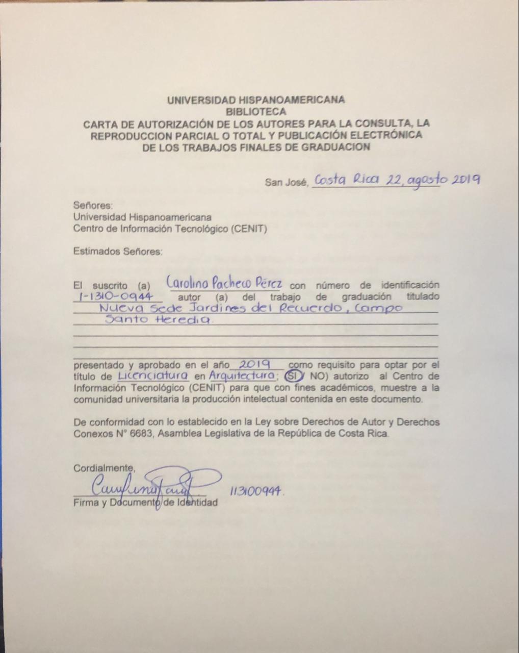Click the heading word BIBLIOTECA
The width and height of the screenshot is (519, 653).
click(256, 112)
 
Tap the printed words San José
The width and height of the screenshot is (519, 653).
click(286, 182)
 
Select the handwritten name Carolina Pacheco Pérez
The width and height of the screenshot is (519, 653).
click(224, 282)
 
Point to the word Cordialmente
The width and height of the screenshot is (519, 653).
click(105, 468)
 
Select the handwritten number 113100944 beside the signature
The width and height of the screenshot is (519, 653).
click(256, 492)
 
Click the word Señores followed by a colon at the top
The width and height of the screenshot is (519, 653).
click(93, 206)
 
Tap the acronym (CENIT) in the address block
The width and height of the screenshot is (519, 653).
click(249, 229)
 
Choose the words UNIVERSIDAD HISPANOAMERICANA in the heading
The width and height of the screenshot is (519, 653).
click(256, 100)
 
